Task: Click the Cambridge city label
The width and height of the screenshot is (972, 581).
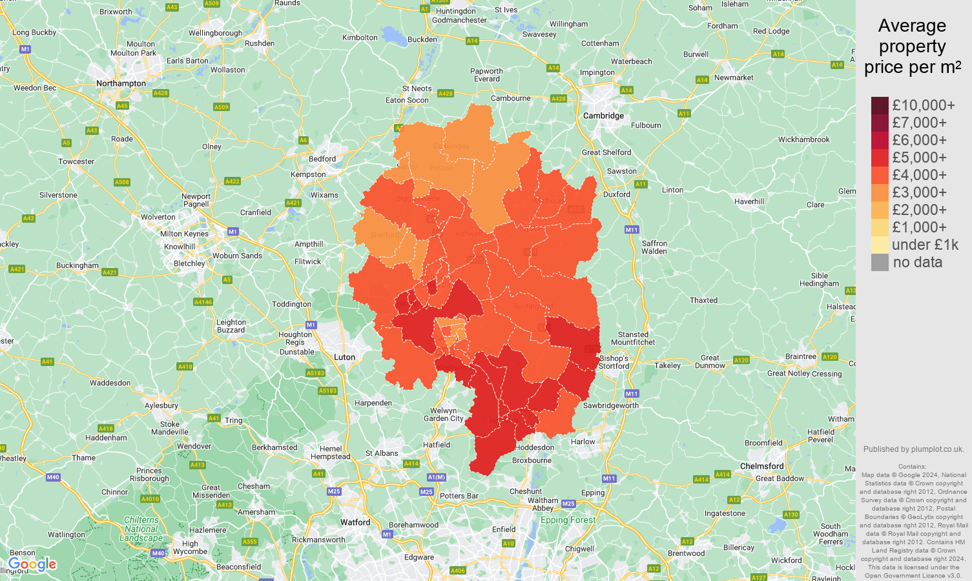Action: pos(603,116)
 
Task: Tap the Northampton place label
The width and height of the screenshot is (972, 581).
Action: pos(121,83)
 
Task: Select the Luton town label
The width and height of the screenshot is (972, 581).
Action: pos(344,357)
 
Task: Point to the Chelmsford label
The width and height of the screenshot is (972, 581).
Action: pos(761,466)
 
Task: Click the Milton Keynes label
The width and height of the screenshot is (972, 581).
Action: pos(184,234)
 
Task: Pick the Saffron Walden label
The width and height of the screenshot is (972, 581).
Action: pos(654,247)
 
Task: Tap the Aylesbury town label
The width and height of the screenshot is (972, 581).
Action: pos(161,405)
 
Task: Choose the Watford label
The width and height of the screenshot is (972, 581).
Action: pos(355,522)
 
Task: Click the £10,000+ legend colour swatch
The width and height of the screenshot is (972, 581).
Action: pos(880,105)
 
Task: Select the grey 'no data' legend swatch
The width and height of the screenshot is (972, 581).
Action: pos(880,262)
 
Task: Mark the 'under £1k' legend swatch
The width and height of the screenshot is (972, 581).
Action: pos(880,245)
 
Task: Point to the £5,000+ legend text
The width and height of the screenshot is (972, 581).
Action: pos(919,158)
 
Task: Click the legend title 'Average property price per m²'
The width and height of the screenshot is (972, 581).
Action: pos(912,46)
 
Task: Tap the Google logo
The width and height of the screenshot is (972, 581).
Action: pos(32,565)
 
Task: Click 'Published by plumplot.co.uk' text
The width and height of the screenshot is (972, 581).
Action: pos(913,449)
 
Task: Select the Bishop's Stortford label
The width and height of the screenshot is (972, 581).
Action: pos(614,362)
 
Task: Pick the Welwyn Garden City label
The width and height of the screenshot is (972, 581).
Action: pos(447,414)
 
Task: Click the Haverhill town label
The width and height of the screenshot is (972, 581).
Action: pos(749,201)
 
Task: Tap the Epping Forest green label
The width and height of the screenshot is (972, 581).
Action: pos(568,520)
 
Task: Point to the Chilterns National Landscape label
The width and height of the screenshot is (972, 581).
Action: pos(141,529)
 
